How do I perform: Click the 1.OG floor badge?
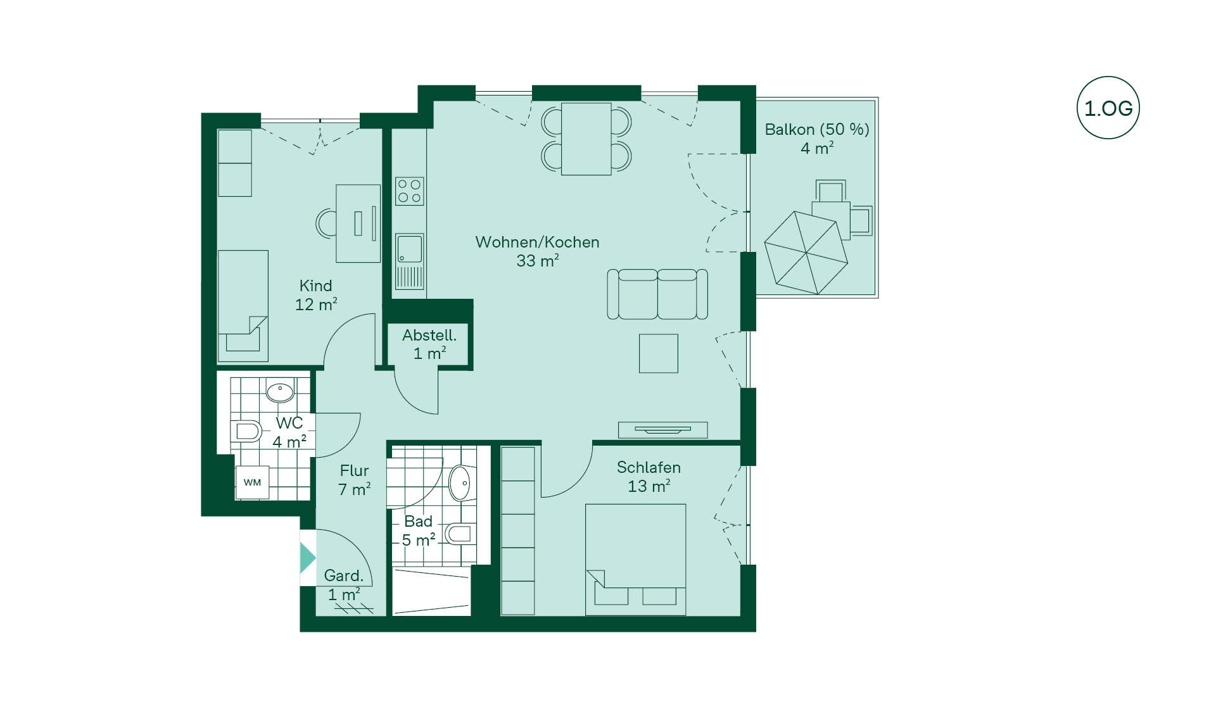click(1108, 108)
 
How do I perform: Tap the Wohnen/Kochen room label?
click(537, 242)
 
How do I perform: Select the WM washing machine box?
click(252, 482)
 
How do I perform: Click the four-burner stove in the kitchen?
click(409, 191)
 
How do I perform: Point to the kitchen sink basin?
click(409, 248)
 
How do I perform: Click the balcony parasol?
click(806, 253)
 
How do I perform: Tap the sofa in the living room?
click(657, 294)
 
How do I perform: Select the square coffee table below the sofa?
click(659, 353)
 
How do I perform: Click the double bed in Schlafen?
click(635, 560)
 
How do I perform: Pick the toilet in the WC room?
click(246, 432)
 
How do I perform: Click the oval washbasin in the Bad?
click(461, 484)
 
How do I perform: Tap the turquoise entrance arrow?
click(307, 558)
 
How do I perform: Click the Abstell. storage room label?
click(429, 335)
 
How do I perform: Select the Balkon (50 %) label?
click(817, 129)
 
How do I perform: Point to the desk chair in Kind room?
click(326, 223)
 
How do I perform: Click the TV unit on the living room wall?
click(662, 430)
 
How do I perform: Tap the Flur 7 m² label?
click(354, 480)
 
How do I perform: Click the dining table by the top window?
click(586, 139)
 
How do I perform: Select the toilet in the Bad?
click(460, 534)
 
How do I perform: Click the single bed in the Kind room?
click(243, 306)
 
